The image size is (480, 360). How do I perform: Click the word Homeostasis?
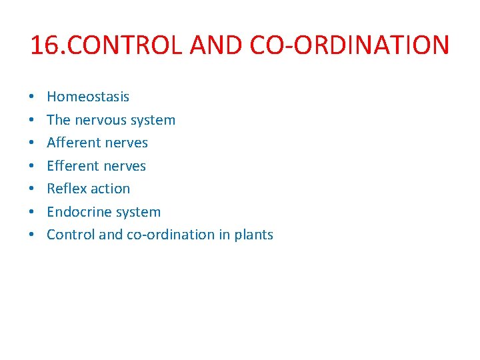(x=88, y=97)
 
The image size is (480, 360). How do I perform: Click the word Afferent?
(x=74, y=143)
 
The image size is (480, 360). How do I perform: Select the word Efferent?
(x=73, y=166)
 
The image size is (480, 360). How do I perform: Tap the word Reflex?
(x=65, y=189)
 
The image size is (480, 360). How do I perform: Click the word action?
(x=109, y=189)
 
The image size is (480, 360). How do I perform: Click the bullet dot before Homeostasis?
(x=33, y=97)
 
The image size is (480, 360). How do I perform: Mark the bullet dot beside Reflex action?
(x=33, y=189)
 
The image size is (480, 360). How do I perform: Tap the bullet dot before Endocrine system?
(x=33, y=213)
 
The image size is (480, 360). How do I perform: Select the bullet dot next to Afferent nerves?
(x=33, y=143)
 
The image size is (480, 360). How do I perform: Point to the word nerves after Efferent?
(x=126, y=166)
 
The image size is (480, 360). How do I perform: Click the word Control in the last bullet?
(x=70, y=235)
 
